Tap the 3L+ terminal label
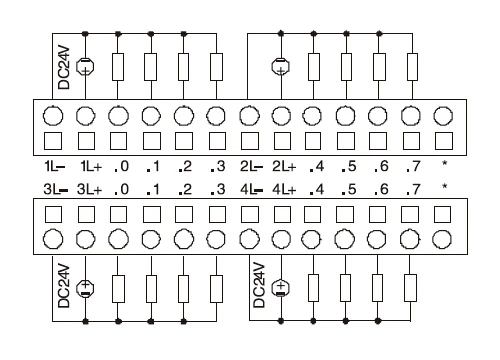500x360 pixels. pyautogui.click(x=86, y=186)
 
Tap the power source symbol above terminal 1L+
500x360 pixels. pyautogui.click(x=86, y=67)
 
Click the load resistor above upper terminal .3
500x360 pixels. pyautogui.click(x=217, y=67)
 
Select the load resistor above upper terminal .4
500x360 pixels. pyautogui.click(x=314, y=67)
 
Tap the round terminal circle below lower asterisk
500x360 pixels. pyautogui.click(x=443, y=238)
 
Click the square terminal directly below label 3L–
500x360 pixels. pyautogui.click(x=53, y=211)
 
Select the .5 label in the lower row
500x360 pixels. pyautogui.click(x=346, y=186)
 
